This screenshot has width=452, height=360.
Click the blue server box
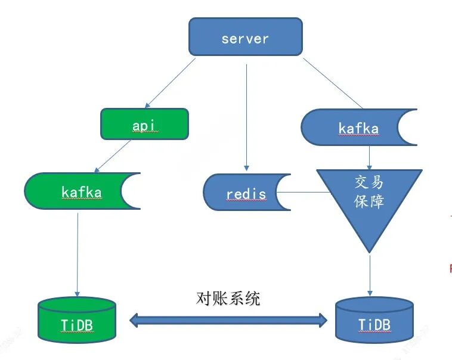(245, 37)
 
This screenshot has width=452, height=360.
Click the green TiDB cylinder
(76, 322)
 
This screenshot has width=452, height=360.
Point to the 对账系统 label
(228, 298)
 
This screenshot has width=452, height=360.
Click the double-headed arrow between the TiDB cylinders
(229, 321)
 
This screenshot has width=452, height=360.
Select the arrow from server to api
(170, 83)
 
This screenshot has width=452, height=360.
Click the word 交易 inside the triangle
(369, 182)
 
